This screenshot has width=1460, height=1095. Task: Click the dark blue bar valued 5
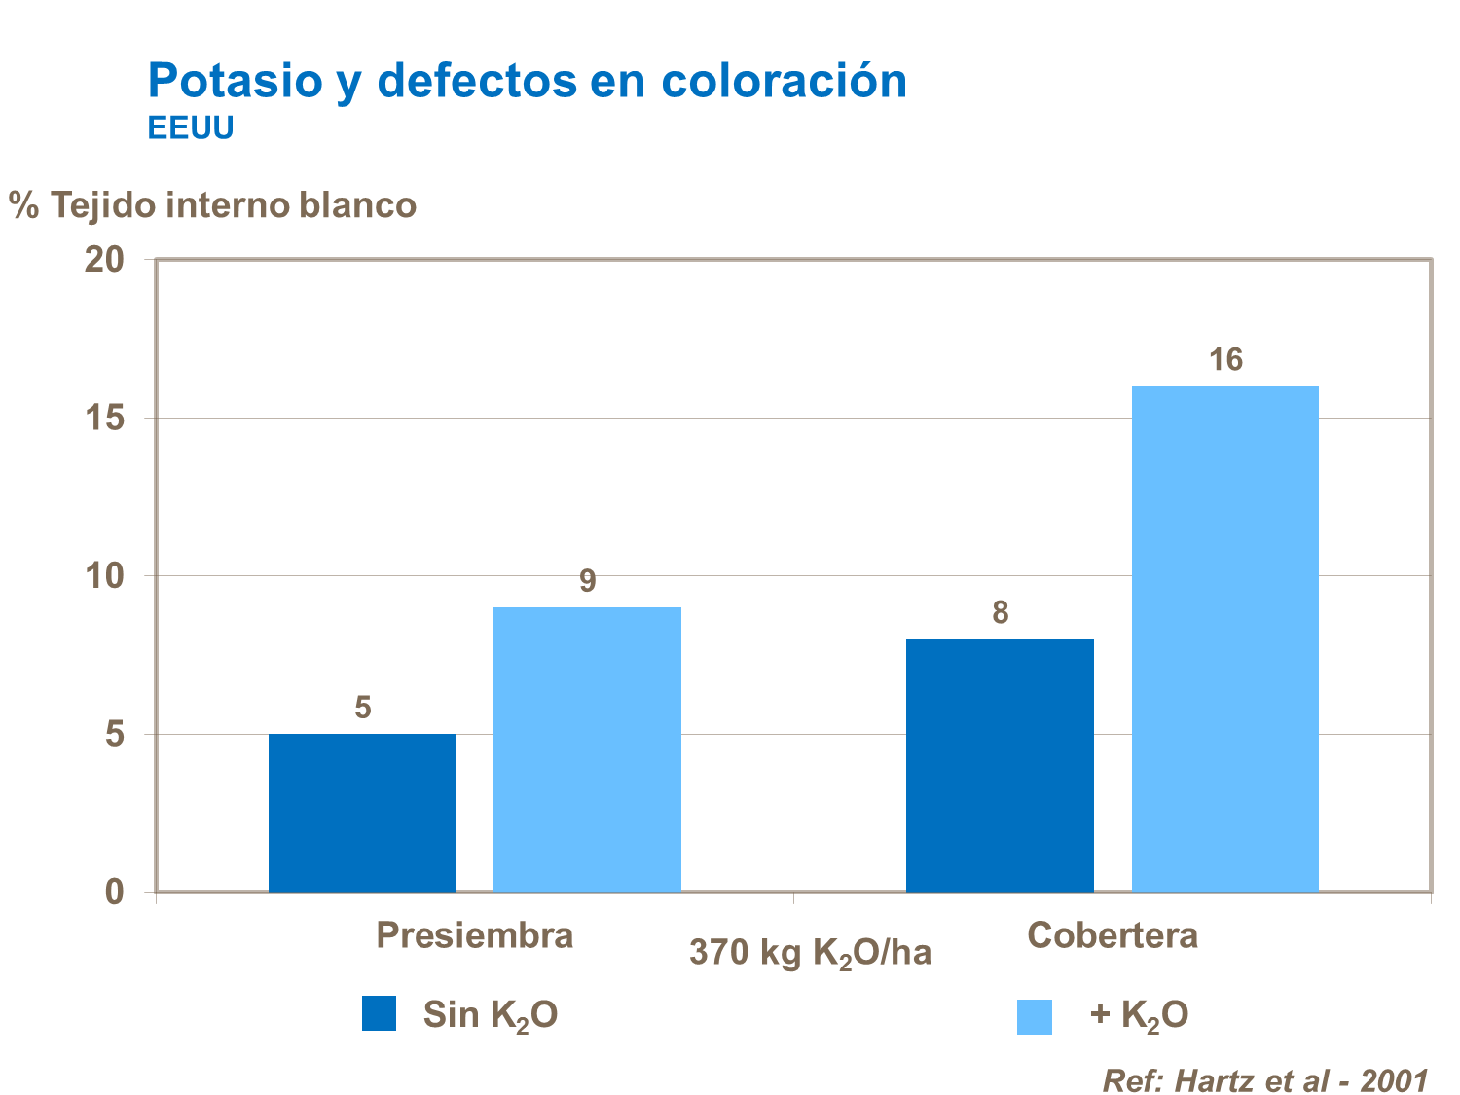click(362, 813)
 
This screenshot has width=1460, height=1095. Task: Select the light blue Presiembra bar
click(587, 749)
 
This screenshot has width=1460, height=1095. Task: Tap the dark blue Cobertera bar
click(1000, 765)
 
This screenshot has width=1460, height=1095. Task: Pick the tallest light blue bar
click(1224, 639)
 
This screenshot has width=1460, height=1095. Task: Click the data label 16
click(1225, 361)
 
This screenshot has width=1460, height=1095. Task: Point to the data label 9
click(587, 581)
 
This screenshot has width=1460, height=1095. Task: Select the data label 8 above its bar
click(1000, 613)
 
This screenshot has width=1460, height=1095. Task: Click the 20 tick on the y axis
click(104, 260)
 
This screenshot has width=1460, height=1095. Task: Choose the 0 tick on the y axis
click(115, 892)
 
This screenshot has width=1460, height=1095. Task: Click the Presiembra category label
click(474, 935)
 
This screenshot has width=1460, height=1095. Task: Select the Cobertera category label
click(1112, 935)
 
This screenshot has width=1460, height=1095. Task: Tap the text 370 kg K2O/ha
click(810, 953)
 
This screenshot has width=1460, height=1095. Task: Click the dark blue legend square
click(379, 1013)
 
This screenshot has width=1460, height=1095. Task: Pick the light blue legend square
click(1034, 1016)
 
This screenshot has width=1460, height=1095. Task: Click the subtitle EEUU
click(191, 128)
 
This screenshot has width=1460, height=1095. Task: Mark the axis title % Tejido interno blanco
click(212, 205)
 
